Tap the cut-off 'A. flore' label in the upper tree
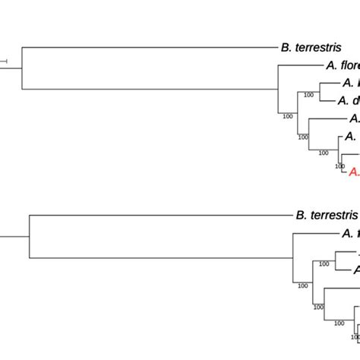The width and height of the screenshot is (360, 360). pos(343,66)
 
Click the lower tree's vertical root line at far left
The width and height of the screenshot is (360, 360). pos(28,235)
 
